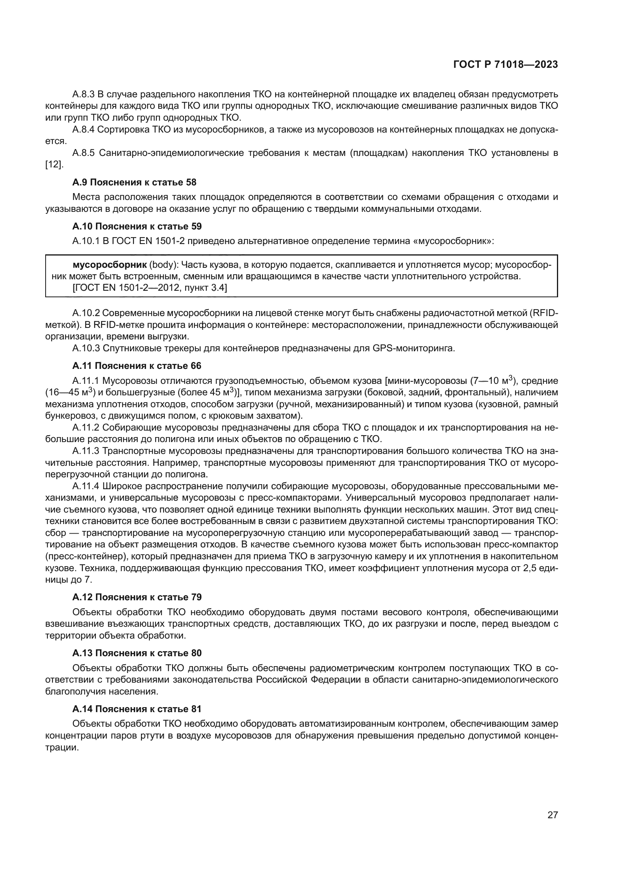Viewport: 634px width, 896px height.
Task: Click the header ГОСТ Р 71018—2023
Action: pos(505,65)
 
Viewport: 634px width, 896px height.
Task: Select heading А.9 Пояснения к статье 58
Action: pos(134,182)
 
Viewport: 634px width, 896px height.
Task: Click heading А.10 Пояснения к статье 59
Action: pos(136,226)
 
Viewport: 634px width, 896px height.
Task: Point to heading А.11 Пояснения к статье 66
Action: pos(136,366)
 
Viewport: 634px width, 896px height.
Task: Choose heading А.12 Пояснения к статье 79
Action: pos(136,597)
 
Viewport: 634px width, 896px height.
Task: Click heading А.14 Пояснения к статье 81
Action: pos(136,709)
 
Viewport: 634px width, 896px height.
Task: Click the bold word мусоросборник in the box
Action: pos(110,265)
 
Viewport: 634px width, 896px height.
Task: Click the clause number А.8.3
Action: pos(84,95)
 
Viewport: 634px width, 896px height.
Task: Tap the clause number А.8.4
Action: pos(84,129)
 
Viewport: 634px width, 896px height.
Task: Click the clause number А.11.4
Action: pos(86,486)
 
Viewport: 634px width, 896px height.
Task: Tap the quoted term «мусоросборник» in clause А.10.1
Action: pos(453,241)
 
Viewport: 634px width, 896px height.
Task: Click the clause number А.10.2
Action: pos(86,313)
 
